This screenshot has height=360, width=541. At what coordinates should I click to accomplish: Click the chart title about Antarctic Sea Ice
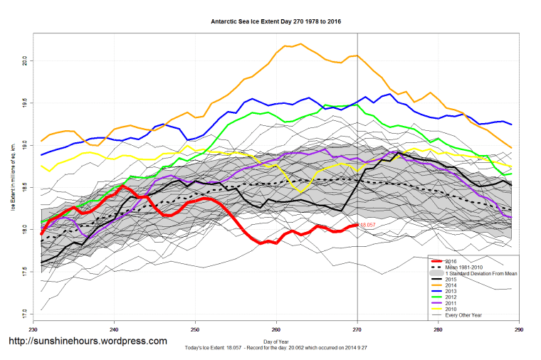click(276, 21)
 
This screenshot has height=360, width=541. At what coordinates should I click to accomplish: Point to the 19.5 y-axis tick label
click(23, 104)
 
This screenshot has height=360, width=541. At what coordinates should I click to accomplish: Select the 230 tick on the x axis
click(33, 329)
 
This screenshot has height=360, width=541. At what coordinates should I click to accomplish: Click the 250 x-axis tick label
click(195, 329)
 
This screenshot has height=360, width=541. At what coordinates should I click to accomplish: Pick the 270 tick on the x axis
click(357, 329)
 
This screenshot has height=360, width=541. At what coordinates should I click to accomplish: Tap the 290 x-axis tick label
click(519, 329)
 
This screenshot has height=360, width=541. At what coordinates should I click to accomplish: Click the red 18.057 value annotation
click(368, 225)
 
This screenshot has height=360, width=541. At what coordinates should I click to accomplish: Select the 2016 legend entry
click(453, 260)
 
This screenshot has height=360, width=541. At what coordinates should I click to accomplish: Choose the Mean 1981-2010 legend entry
click(466, 267)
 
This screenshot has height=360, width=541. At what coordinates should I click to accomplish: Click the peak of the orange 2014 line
click(300, 44)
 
